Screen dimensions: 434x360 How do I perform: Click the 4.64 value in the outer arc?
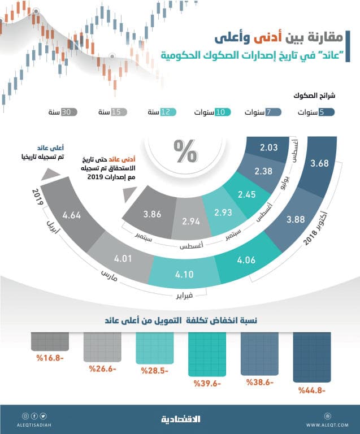(x=73, y=215)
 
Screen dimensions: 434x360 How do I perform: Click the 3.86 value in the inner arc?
(x=153, y=214)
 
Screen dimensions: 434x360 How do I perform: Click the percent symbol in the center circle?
(x=184, y=151)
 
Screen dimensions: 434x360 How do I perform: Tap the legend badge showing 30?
(x=69, y=112)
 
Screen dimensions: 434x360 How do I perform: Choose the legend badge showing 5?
(x=326, y=112)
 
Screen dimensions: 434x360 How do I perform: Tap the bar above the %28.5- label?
(x=154, y=348)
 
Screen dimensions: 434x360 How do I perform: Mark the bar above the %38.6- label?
(x=259, y=353)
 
